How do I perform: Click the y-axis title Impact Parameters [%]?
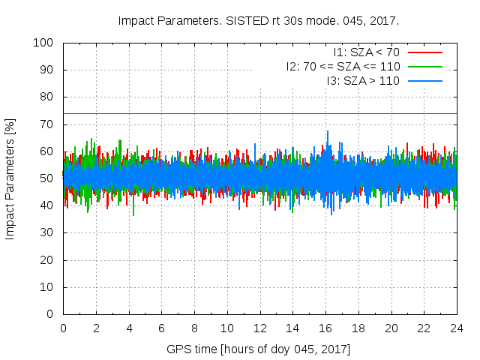(x=10, y=178)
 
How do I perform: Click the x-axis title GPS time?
(x=259, y=349)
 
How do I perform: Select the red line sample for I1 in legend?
(x=424, y=52)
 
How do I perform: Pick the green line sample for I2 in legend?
(x=424, y=67)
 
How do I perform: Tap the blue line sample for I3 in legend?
(x=424, y=81)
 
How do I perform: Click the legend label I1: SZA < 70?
(x=367, y=52)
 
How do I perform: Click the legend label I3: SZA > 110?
(x=363, y=81)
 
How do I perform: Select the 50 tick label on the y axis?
(x=46, y=178)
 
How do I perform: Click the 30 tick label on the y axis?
(x=46, y=232)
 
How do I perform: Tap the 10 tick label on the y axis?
(x=46, y=286)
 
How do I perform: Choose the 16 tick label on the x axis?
(x=325, y=328)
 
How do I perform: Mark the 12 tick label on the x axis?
(x=259, y=328)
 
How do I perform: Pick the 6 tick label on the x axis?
(x=161, y=328)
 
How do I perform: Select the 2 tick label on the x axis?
(x=96, y=328)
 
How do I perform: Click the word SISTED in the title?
(x=247, y=20)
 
